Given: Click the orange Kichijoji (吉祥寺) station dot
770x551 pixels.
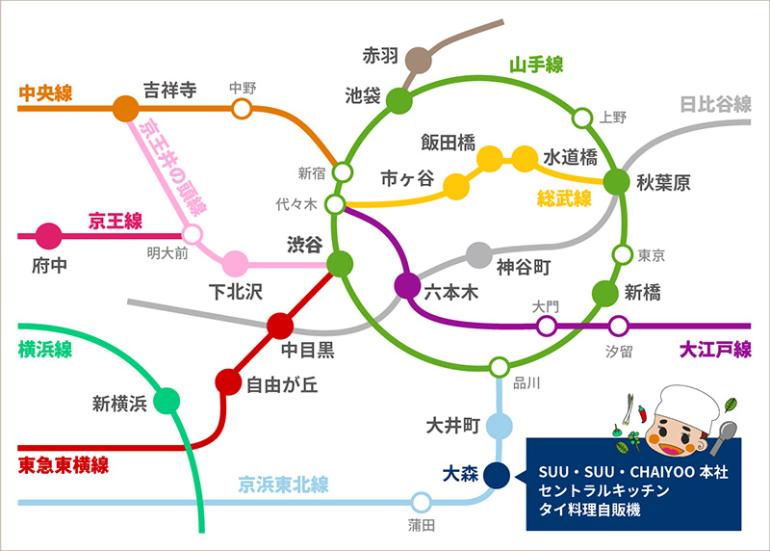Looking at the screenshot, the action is tap(126, 109).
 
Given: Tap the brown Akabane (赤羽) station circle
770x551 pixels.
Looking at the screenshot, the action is tap(419, 61).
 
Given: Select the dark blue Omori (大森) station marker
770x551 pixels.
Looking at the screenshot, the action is tap(497, 475).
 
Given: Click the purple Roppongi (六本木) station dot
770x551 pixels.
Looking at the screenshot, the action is tap(407, 285).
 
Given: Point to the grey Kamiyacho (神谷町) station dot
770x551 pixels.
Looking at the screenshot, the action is tap(478, 255).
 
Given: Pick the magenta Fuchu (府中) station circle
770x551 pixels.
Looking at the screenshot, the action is tap(49, 236).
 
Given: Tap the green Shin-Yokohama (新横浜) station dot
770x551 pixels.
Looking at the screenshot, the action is tap(167, 401).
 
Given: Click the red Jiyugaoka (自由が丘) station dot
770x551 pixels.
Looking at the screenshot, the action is tap(228, 381).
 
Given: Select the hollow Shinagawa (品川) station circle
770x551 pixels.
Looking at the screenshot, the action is tap(500, 367).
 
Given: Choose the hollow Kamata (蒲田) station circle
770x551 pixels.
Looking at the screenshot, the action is tap(421, 502).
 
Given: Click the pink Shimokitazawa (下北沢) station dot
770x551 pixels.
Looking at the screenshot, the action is tap(235, 264).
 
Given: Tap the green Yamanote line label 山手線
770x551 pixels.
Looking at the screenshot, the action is tap(536, 65).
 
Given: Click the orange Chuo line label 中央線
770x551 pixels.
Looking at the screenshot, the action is tap(45, 92).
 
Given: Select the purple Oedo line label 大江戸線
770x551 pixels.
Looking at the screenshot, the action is tap(715, 350).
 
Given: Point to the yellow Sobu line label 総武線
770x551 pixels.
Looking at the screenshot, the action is tap(564, 198).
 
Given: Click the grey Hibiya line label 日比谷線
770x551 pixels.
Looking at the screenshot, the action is tap(715, 104).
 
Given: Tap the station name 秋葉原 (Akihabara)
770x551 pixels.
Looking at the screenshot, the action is tap(663, 183).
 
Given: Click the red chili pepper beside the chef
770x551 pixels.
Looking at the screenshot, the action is tap(642, 414).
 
